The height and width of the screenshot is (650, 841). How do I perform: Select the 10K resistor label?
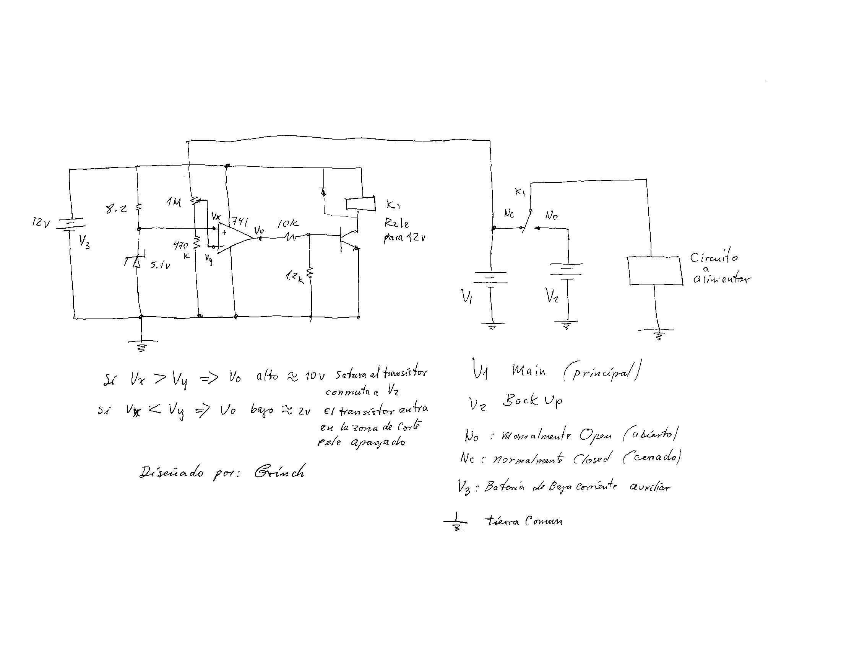coord(287,224)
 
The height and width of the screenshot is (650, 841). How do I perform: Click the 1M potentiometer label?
coord(174,202)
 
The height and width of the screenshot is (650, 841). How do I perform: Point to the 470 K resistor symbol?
coord(196,242)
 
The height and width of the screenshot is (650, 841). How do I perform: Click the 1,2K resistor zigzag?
coord(310,272)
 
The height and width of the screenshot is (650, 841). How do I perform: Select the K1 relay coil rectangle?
coord(360,204)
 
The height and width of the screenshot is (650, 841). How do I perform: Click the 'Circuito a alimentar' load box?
coord(654,271)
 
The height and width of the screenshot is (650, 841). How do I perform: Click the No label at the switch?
coord(551,216)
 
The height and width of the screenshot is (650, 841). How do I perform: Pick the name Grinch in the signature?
coord(279,472)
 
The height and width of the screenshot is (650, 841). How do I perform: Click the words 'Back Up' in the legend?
coord(532,401)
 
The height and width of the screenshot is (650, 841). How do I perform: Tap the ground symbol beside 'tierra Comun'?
coord(456,522)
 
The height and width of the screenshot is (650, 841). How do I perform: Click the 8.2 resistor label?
coord(116,210)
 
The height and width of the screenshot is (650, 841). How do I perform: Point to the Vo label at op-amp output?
coord(259,230)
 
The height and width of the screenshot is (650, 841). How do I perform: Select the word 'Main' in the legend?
coord(529,371)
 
